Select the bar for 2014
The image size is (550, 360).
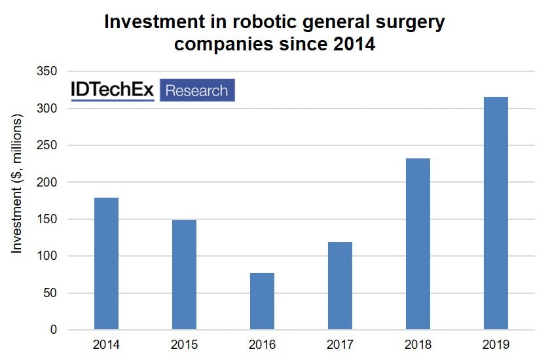coord(106,263)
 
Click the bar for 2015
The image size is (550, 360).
coord(184,274)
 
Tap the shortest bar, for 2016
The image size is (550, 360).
coord(262,301)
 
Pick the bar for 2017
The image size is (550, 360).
coord(340,285)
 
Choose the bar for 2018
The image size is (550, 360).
coord(418,244)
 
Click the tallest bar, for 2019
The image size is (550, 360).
coord(496,213)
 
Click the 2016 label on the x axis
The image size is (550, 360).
coord(262,345)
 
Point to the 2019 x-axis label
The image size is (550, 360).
coord(496,345)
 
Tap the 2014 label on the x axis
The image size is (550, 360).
coord(106,345)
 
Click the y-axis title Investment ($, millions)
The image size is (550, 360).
coord(18,183)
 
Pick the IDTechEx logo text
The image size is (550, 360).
coord(113,90)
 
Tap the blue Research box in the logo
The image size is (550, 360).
coord(196,90)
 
